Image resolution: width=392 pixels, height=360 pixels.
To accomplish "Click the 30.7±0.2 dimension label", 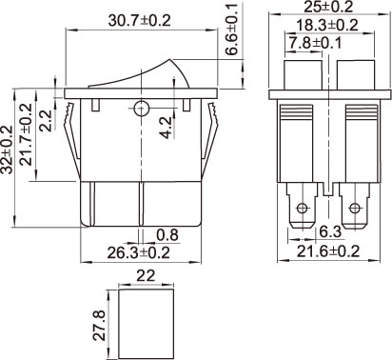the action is (139, 21).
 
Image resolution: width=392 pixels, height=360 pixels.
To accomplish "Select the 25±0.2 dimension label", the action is (328, 7).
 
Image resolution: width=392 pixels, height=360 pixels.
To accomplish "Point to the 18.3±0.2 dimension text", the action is (326, 26).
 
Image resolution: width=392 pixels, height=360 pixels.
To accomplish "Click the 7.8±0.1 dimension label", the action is (314, 43).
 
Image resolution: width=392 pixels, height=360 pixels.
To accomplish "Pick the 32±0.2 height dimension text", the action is (7, 150).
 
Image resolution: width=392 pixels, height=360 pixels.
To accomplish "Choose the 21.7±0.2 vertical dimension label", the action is (26, 134).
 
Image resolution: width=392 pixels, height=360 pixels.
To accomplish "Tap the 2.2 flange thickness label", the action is (46, 121).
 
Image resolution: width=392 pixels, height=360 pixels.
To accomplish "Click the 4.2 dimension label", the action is (166, 128).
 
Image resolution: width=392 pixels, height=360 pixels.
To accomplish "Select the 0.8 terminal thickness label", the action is (167, 235).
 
